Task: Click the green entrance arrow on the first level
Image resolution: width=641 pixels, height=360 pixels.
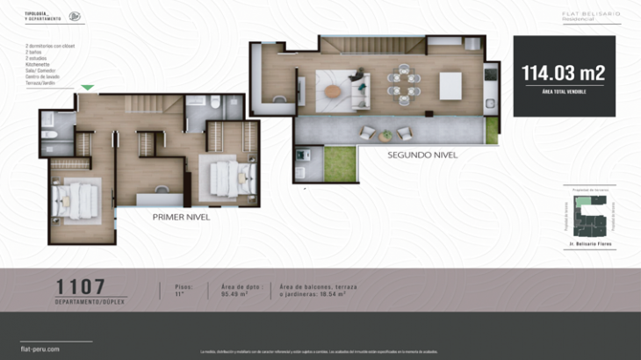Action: [87, 88]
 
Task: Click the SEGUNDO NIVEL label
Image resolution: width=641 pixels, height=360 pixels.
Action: [422, 155]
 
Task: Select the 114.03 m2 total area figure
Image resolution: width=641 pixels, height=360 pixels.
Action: [564, 73]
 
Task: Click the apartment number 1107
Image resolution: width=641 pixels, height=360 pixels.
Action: [81, 286]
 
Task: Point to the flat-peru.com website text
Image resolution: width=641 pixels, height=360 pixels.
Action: [40, 349]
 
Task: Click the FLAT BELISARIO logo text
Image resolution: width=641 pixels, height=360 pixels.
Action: [591, 13]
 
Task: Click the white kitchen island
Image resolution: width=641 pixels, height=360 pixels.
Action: [450, 86]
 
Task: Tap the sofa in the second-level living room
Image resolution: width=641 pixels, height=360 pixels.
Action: [361, 88]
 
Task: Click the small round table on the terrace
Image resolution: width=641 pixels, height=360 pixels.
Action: [386, 135]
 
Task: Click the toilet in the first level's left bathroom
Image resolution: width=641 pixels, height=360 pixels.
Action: [48, 135]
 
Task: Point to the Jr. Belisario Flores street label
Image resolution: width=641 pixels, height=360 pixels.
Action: [587, 242]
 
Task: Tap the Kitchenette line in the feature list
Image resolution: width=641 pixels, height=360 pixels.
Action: [39, 64]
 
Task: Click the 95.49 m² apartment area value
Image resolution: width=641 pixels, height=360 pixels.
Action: [233, 294]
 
